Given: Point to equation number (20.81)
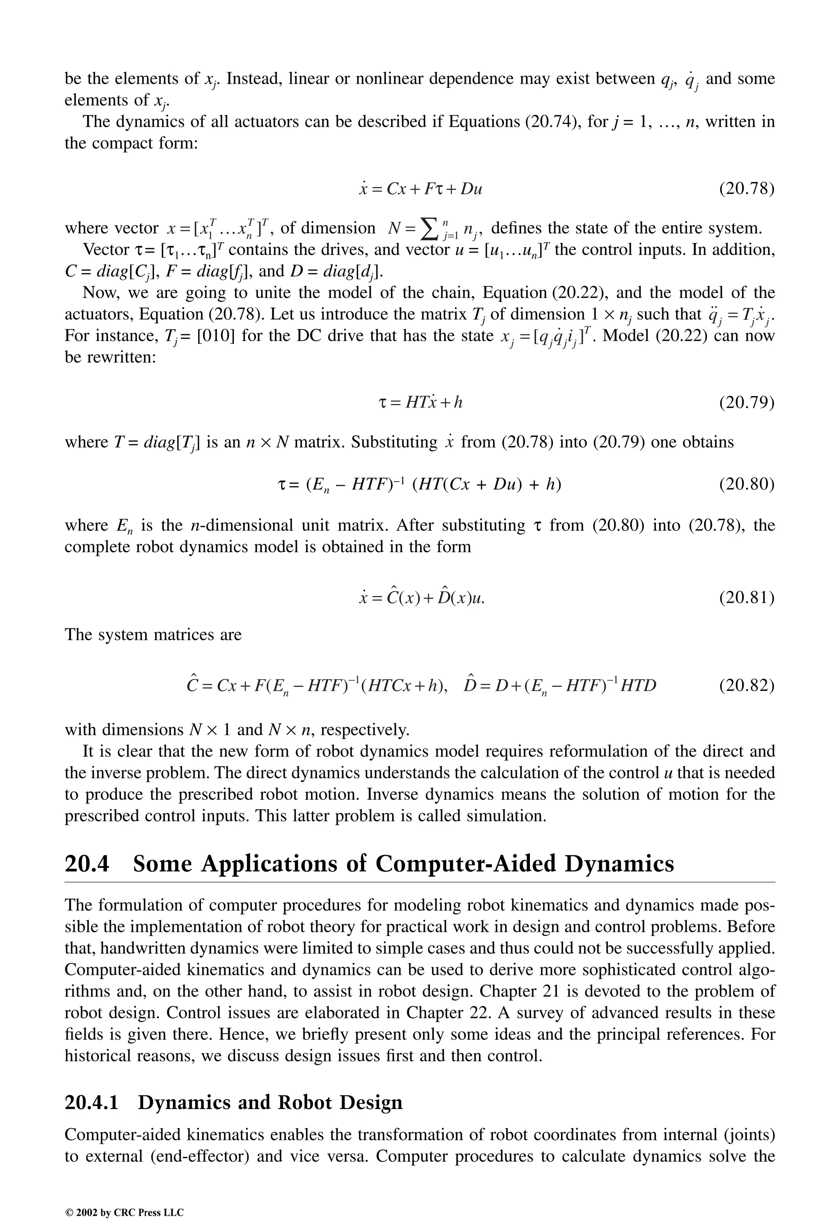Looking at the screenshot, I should (746, 598).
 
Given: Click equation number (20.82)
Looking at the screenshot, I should (746, 685).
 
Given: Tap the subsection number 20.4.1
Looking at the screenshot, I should (91, 1102).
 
